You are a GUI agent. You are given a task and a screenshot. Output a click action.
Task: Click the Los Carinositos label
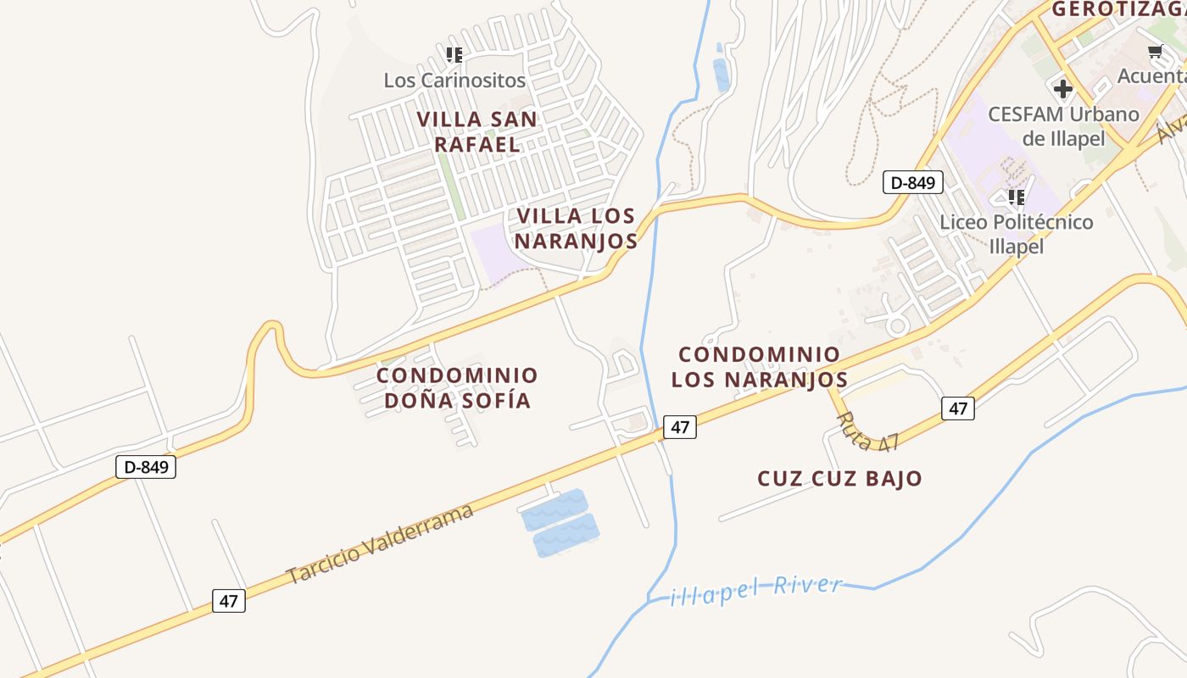pos(454,81)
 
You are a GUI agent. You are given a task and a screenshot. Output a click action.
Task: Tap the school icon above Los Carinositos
pos(454,55)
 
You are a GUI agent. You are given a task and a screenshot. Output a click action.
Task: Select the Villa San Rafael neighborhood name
pos(477,131)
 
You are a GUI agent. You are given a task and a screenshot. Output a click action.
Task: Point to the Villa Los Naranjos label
pos(577,228)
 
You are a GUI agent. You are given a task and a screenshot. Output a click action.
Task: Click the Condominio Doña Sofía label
pos(457,387)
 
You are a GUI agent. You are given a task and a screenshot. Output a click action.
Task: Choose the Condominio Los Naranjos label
pos(759,366)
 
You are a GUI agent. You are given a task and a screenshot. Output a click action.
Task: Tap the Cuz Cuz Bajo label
pos(839,478)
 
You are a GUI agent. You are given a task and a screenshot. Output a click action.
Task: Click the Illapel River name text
pos(756,590)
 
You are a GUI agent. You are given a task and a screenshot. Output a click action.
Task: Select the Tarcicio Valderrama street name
pos(380,543)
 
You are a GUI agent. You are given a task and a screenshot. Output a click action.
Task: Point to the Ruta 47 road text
pos(866,431)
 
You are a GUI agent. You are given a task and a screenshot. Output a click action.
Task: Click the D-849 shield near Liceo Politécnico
pos(912,182)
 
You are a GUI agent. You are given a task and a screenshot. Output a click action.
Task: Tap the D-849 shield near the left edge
pos(145,467)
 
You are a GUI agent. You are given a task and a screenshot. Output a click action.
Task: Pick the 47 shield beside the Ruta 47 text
pos(957,408)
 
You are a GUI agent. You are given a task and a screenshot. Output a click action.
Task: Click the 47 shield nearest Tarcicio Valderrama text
pos(228,601)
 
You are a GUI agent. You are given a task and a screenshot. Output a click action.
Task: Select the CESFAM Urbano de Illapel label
pos(1063,126)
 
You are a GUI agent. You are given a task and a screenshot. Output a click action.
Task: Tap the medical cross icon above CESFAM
pos(1062,88)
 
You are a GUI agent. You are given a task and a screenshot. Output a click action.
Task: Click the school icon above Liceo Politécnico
pos(1017,197)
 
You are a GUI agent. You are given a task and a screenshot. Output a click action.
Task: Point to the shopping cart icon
pos(1155,53)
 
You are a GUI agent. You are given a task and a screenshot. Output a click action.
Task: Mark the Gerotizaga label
pos(1118,9)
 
